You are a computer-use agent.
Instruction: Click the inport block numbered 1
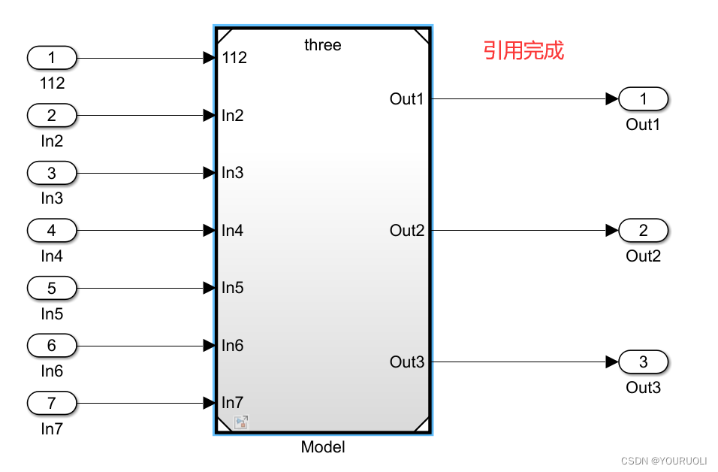[x=52, y=58]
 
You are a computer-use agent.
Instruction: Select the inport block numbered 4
[x=52, y=230]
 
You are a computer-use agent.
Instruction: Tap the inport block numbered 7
[x=52, y=403]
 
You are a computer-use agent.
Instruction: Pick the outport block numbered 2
[x=644, y=230]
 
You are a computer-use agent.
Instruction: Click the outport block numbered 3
[x=644, y=362]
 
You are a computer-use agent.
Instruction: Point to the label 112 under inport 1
[x=52, y=83]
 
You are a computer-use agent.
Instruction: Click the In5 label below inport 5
[x=52, y=313]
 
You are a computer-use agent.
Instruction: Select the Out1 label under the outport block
[x=643, y=125]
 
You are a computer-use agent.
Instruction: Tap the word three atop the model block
[x=323, y=45]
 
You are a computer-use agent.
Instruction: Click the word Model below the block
[x=323, y=447]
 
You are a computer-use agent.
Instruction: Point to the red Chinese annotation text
[x=523, y=51]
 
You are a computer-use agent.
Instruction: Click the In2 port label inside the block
[x=233, y=116]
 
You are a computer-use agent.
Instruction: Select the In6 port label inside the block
[x=233, y=346]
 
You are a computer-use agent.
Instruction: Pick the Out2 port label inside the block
[x=407, y=231]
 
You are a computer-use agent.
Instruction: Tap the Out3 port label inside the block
[x=407, y=362]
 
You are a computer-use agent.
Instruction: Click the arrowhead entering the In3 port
[x=210, y=173]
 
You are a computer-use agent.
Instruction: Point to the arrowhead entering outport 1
[x=612, y=98]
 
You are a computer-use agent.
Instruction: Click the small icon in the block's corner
[x=241, y=422]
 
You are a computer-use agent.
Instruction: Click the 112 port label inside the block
[x=235, y=58]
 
